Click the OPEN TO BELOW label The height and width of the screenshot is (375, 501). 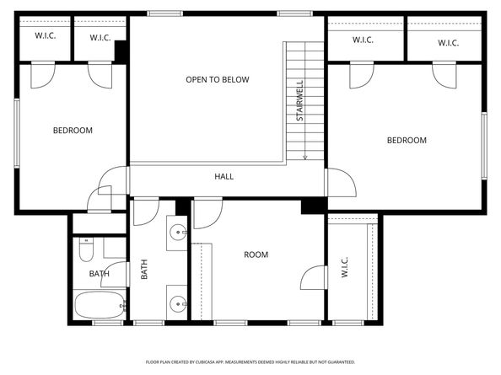(x=218, y=80)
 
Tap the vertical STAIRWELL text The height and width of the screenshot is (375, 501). (x=299, y=101)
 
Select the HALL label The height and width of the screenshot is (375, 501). (x=224, y=177)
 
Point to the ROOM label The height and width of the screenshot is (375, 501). (x=256, y=254)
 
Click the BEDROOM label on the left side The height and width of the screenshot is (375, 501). (x=73, y=131)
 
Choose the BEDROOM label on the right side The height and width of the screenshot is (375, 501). (x=407, y=141)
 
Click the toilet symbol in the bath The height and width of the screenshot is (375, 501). (x=86, y=249)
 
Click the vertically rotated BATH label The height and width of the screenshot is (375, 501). (x=144, y=270)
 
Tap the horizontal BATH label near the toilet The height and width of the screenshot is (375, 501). (x=100, y=274)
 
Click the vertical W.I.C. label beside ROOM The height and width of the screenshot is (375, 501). (x=345, y=269)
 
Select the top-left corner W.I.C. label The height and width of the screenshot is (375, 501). (x=45, y=36)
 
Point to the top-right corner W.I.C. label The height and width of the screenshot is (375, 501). (x=447, y=43)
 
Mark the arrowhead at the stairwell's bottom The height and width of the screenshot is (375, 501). (x=304, y=157)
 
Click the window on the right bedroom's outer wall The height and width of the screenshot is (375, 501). (x=484, y=145)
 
